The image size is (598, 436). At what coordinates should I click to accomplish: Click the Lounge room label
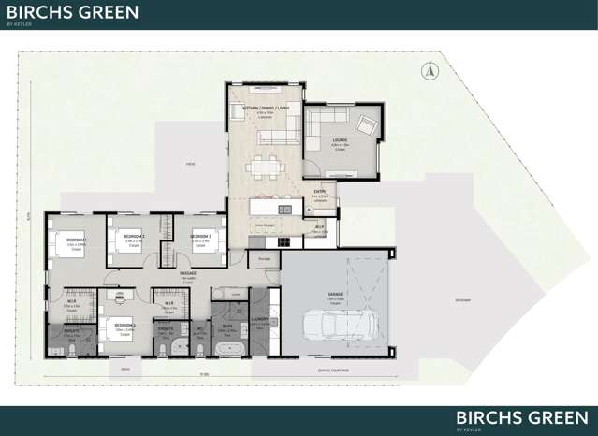[340, 140]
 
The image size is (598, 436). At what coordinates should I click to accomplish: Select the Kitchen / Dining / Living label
[266, 109]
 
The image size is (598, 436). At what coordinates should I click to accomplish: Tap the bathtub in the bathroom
[228, 349]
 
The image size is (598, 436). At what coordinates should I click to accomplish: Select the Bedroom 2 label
[134, 237]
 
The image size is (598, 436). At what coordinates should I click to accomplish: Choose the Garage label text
[335, 294]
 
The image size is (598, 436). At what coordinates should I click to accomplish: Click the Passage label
[187, 273]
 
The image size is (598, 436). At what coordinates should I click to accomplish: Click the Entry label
[319, 194]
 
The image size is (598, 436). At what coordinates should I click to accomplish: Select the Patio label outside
[190, 165]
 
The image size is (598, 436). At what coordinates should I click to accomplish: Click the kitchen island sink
[285, 209]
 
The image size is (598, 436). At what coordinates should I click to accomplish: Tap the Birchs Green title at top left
[72, 12]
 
